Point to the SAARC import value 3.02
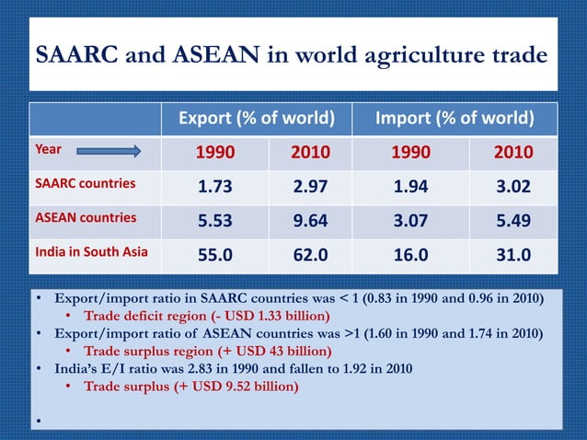click(513, 186)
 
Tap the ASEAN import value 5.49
click(513, 220)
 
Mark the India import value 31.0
click(513, 254)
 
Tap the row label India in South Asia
click(90, 251)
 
